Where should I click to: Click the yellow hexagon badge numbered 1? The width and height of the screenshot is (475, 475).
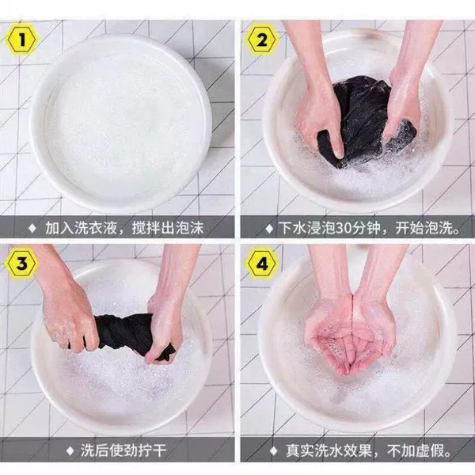click(x=21, y=40)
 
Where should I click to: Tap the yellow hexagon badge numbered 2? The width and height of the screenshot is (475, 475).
click(x=262, y=40)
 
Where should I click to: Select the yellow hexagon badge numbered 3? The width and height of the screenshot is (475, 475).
click(x=21, y=264)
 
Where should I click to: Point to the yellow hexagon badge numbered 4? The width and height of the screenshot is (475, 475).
click(x=262, y=264)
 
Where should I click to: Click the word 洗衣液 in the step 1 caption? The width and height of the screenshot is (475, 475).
click(x=96, y=228)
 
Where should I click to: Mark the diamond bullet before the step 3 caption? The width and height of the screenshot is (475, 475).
click(x=70, y=451)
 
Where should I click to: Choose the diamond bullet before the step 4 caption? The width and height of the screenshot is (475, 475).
click(x=273, y=451)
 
